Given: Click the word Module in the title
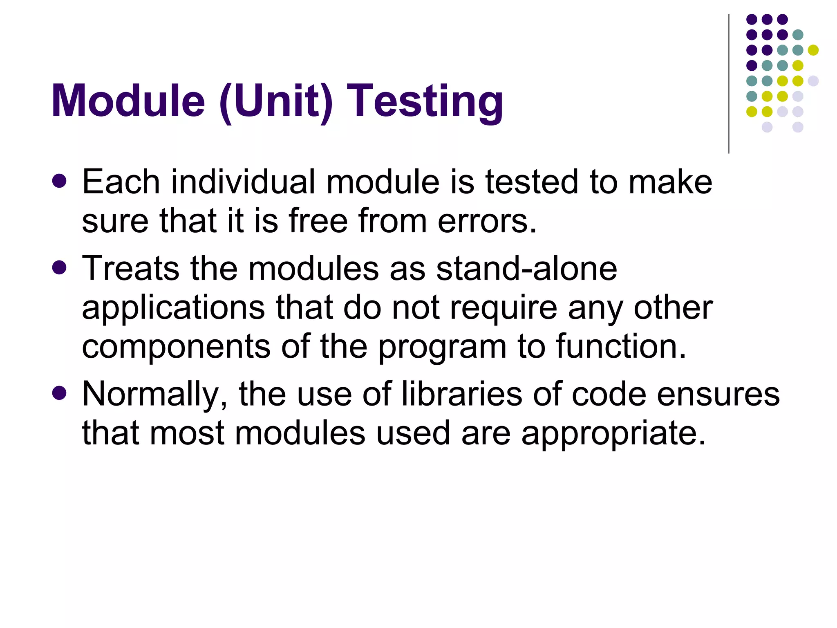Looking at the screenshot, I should click(128, 101).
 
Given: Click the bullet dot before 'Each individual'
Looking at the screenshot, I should click(60, 181).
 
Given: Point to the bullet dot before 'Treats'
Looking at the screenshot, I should click(60, 268).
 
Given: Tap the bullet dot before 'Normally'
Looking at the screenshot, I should click(60, 393).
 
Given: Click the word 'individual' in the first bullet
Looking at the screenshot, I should click(243, 182).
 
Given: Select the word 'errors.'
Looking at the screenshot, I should click(487, 221).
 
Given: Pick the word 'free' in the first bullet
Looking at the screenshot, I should click(318, 221).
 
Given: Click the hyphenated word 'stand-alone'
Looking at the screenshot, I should click(526, 269).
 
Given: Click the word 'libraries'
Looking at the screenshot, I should click(462, 394).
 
